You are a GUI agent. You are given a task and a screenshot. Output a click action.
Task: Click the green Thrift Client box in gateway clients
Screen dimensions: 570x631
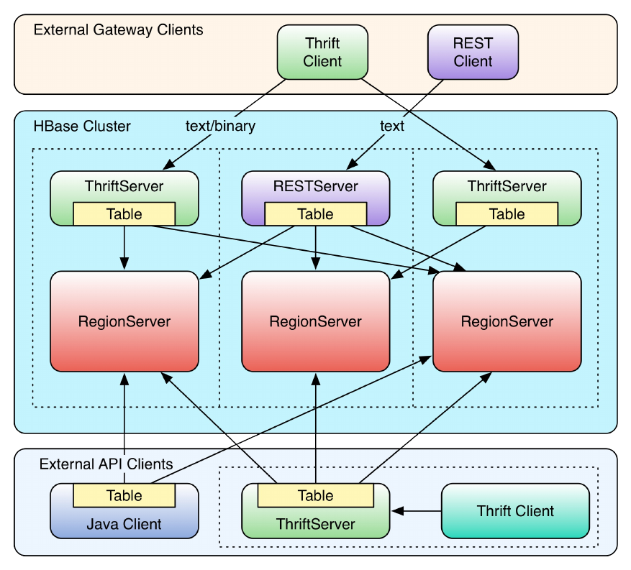tap(322, 52)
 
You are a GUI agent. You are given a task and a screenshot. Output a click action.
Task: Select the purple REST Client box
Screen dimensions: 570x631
tap(473, 52)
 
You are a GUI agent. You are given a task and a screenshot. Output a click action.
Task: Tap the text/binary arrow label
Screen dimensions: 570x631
tap(220, 127)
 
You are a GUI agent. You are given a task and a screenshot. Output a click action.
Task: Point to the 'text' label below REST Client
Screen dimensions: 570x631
tap(392, 127)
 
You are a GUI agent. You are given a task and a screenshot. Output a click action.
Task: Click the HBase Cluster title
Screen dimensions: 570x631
tap(82, 127)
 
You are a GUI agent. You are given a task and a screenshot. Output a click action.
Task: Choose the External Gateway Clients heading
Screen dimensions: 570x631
tap(119, 30)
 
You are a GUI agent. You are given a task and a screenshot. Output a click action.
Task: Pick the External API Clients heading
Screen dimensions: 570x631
tap(106, 464)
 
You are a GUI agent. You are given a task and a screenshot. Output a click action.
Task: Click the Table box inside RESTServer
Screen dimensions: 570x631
tap(315, 214)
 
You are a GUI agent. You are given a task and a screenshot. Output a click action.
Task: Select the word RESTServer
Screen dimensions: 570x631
tap(315, 187)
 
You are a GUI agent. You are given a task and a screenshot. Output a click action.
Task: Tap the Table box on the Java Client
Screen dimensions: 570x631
tap(124, 496)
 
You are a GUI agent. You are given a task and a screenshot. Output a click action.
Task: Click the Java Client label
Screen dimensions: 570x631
tap(124, 523)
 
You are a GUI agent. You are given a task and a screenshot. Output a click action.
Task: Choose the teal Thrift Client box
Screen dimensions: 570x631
tap(515, 511)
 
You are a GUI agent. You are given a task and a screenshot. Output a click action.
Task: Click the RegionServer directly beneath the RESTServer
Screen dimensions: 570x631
tap(315, 321)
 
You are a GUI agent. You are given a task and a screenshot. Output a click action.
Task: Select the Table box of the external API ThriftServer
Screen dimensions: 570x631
tap(315, 496)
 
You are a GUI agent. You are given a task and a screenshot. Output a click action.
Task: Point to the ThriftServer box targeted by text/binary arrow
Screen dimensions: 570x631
tap(124, 198)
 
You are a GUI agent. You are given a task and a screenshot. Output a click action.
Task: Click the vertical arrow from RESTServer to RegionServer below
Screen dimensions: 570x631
tap(315, 248)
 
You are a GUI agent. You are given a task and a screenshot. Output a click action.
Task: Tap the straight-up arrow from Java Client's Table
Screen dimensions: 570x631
tap(124, 428)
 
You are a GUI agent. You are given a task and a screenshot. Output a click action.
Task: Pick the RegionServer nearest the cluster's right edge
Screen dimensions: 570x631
tap(507, 321)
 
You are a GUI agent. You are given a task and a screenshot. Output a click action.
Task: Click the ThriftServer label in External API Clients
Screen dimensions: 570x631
tap(315, 524)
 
